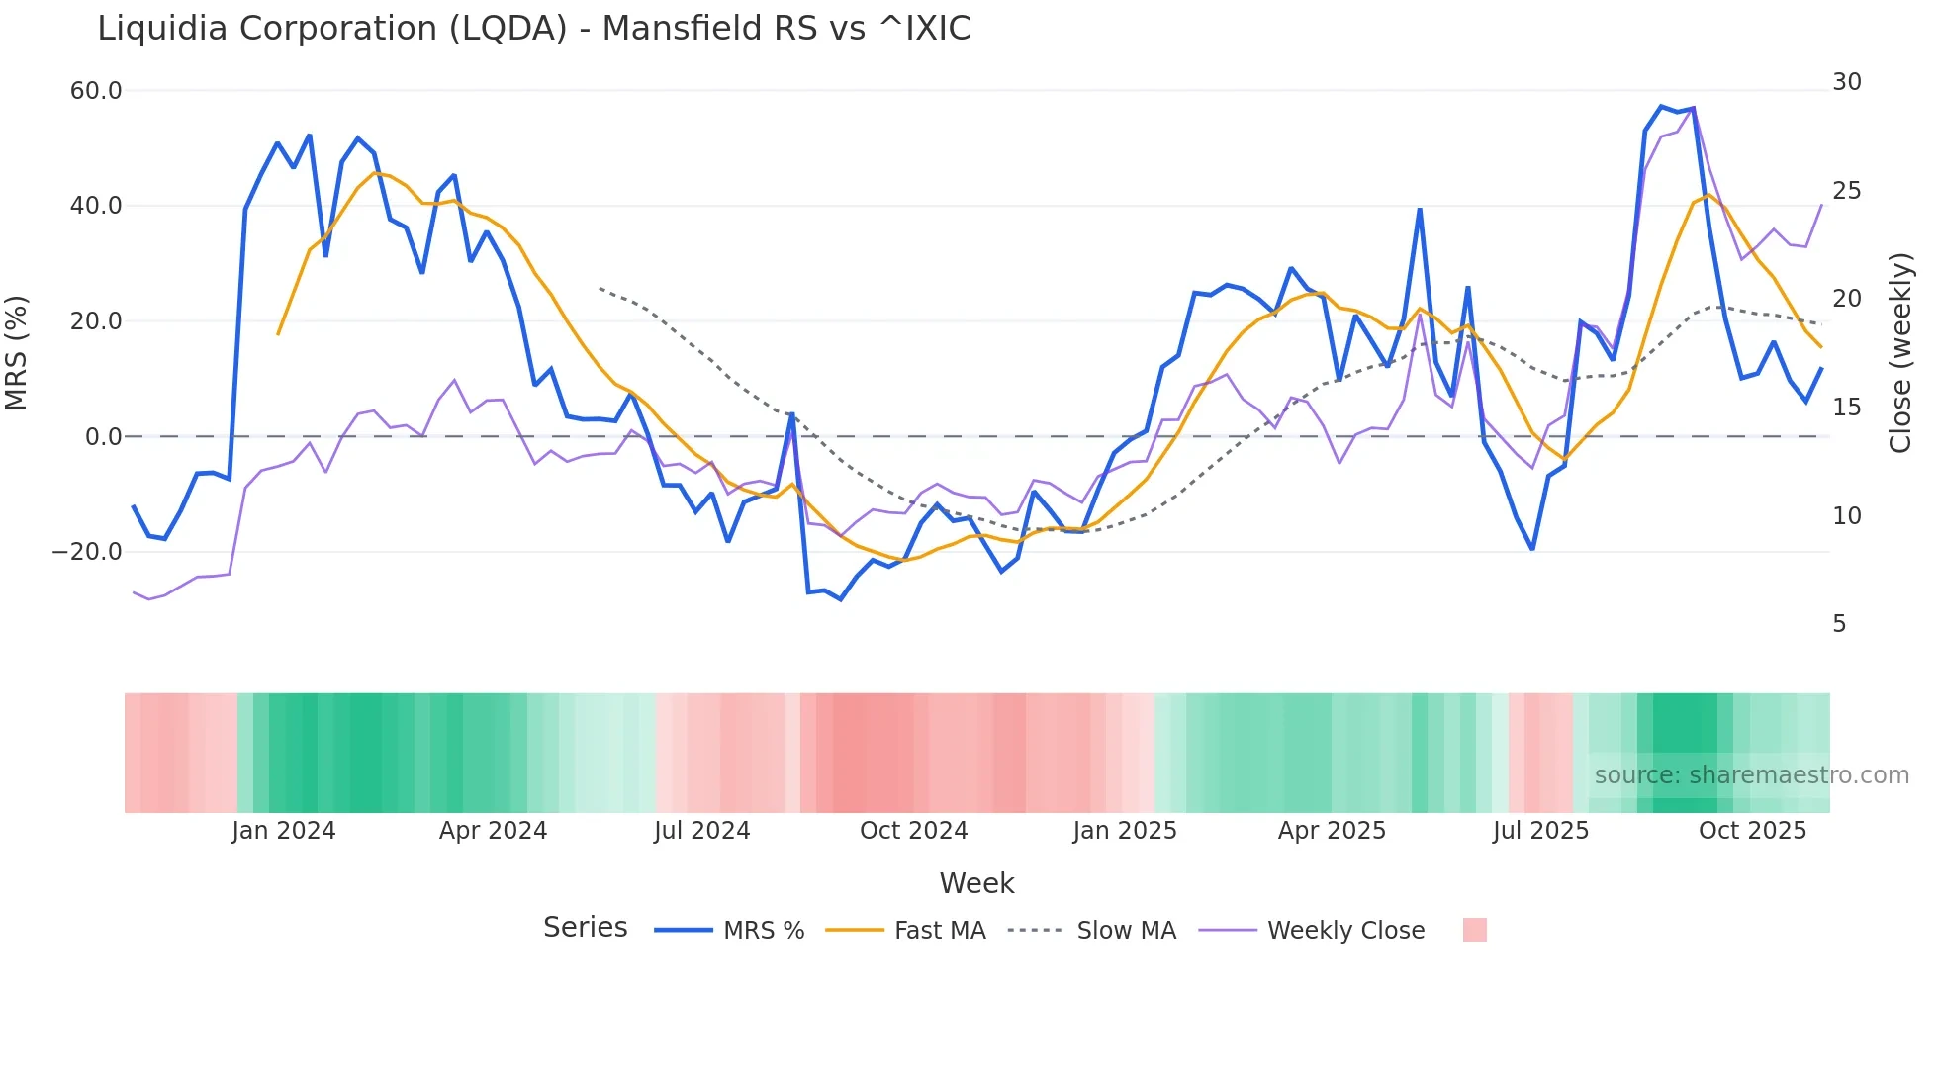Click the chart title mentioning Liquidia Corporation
[533, 29]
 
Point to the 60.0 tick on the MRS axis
[95, 91]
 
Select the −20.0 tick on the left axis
[87, 552]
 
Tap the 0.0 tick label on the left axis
[103, 437]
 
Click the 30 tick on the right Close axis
[1846, 82]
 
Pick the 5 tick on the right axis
[1838, 624]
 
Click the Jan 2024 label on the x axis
[283, 831]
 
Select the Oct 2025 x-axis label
[1752, 831]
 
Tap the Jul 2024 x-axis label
[701, 831]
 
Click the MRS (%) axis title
[17, 353]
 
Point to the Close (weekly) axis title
[1899, 353]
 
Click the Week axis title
[976, 883]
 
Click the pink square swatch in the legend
[1474, 930]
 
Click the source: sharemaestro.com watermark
[1751, 775]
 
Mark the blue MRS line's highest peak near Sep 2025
[1662, 106]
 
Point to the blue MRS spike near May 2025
[1420, 210]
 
